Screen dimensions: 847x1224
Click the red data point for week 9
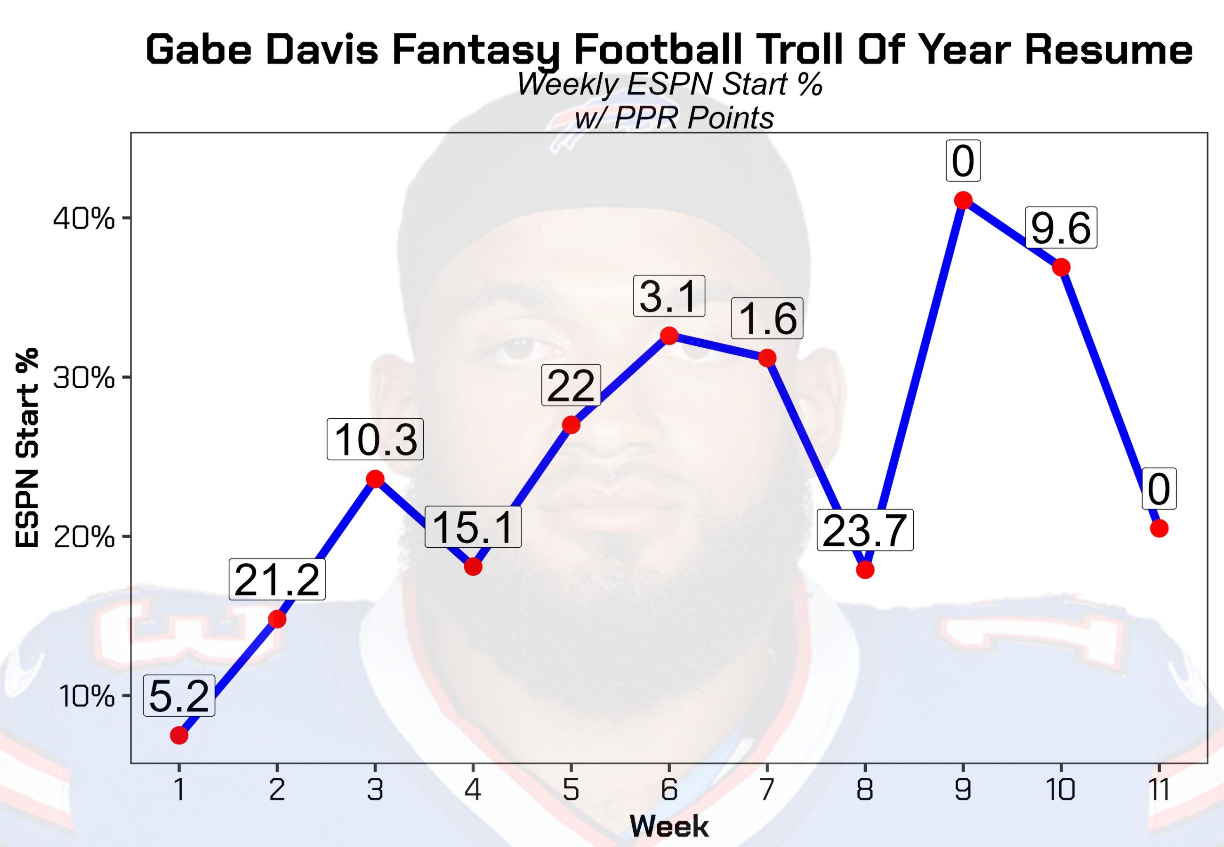pos(963,200)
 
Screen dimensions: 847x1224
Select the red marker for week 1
pos(179,735)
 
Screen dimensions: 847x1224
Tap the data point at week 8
pos(865,569)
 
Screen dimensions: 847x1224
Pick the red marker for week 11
pos(1159,528)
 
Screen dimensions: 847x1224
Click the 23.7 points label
pos(865,530)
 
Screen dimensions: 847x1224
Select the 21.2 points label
pos(277,580)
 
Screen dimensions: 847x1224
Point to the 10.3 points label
pos(375,439)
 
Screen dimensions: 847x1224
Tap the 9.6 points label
pos(1061,227)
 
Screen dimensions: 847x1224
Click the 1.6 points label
pos(767,319)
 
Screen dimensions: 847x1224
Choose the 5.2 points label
pos(179,696)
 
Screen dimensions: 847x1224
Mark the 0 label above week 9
pos(963,161)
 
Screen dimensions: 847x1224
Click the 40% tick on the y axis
pos(84,219)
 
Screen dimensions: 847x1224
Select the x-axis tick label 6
pos(669,790)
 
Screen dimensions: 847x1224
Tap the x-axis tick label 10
pos(1061,790)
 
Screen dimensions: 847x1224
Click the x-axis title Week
pos(669,826)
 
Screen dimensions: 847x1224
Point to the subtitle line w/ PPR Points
pos(674,118)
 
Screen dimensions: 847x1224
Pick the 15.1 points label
pos(473,527)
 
